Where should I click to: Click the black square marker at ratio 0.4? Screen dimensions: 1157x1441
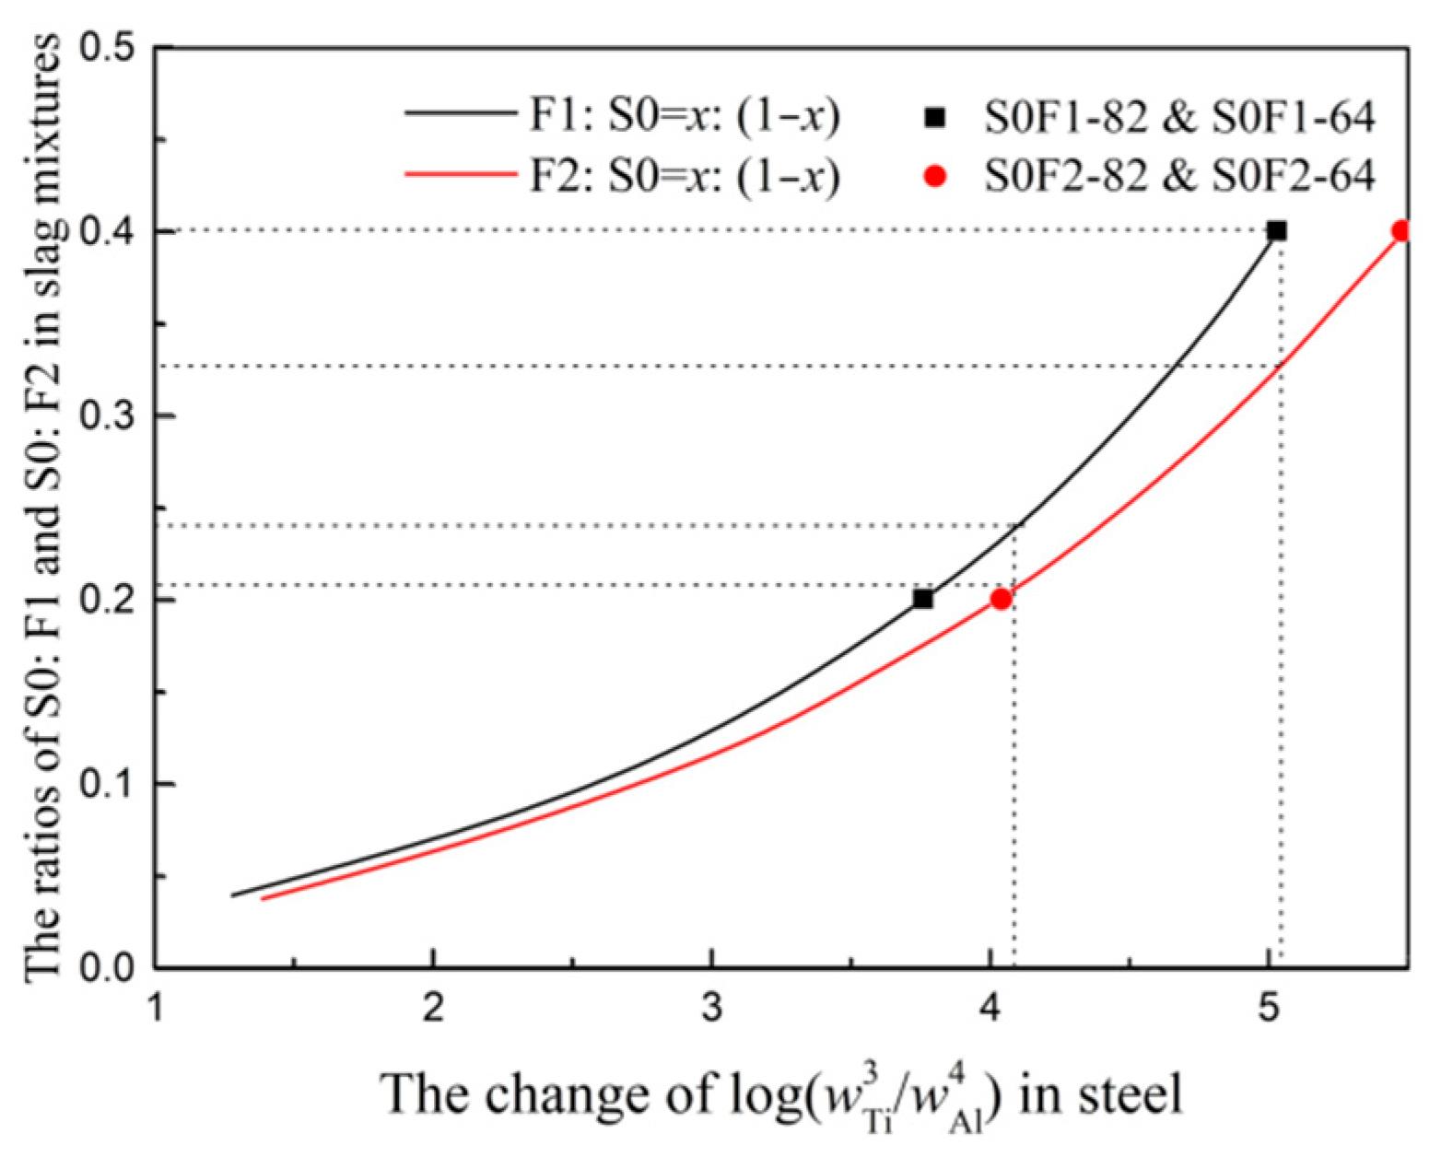1276,231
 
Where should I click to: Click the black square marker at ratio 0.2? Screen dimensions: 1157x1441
922,599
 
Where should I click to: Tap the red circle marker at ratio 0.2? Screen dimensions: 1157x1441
1001,599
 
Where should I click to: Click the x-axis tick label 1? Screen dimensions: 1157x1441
155,1009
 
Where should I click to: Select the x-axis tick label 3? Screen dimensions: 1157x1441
711,1009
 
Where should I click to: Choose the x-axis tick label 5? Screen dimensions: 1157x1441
1268,1009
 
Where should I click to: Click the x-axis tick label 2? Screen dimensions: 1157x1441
433,1009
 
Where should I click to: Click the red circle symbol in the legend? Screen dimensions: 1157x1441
935,175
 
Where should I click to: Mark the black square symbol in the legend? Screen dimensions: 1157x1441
935,117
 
